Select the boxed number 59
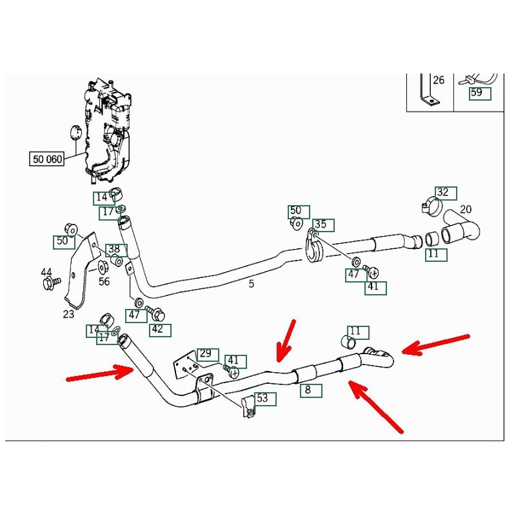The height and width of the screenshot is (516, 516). click(476, 93)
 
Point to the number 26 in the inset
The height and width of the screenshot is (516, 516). click(439, 81)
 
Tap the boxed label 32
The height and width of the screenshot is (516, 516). click(442, 192)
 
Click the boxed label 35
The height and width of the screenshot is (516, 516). click(321, 224)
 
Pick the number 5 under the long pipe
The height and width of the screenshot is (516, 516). click(252, 283)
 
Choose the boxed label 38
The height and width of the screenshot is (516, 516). click(114, 249)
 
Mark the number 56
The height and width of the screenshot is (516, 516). click(104, 281)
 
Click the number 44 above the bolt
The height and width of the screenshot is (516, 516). click(46, 272)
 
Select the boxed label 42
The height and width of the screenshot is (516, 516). click(157, 330)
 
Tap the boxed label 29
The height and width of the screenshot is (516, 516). click(205, 353)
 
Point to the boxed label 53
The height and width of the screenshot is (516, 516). click(262, 399)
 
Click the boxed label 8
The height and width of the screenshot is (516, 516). click(308, 390)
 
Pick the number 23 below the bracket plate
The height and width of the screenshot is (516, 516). click(69, 315)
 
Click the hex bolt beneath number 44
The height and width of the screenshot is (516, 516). click(50, 283)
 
